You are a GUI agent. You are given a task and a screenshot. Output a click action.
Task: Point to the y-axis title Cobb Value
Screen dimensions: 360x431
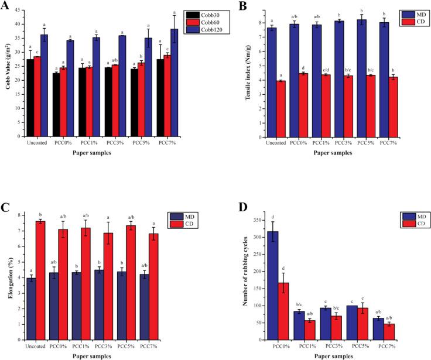[x=8, y=73]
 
